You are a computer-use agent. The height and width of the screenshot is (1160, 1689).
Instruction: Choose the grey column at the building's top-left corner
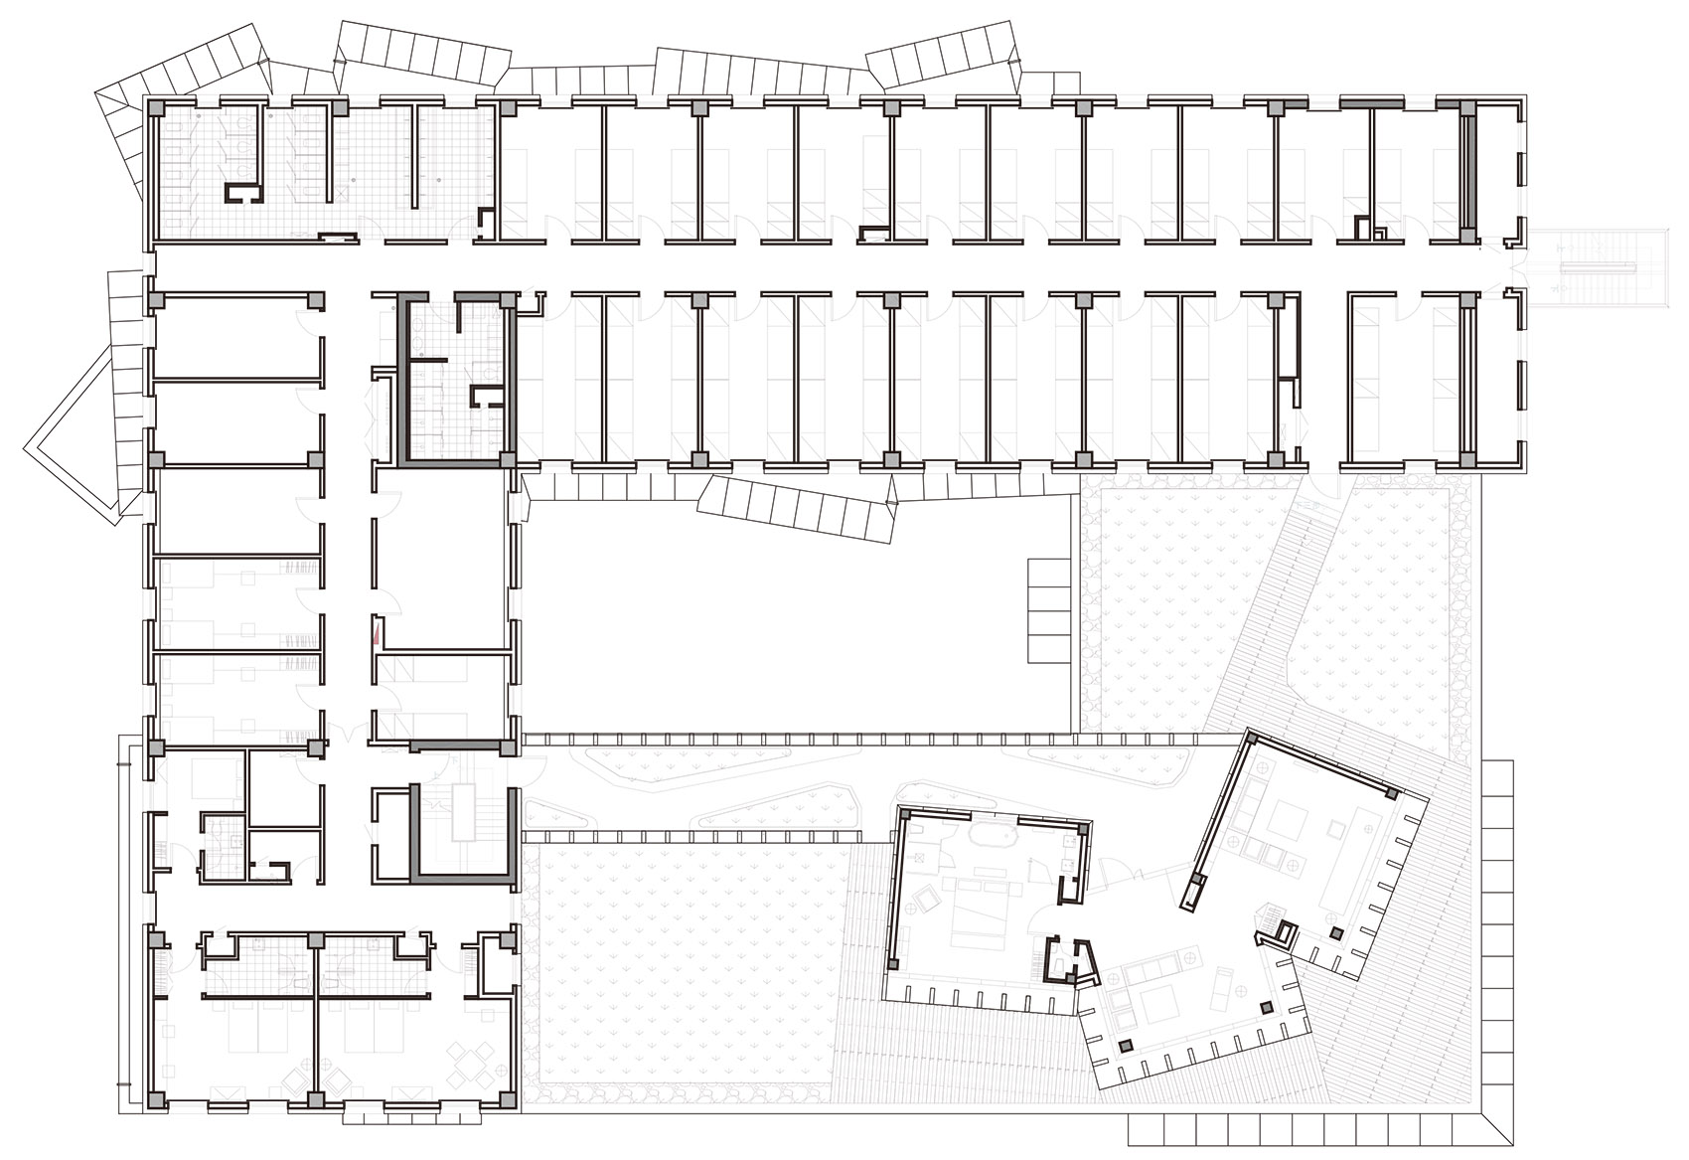[155, 106]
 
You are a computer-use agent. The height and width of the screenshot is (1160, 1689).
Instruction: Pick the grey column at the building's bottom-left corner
[155, 1099]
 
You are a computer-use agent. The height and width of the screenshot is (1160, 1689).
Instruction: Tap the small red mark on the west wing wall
[376, 632]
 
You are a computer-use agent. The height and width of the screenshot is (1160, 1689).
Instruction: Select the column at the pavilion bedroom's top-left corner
[905, 813]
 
